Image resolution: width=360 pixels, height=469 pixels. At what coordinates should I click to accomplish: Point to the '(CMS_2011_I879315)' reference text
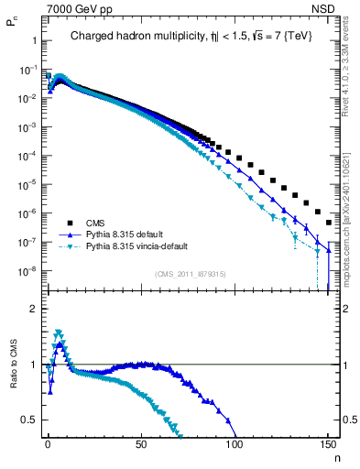pos(191,274)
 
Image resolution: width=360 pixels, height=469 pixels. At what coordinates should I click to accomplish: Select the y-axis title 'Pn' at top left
pos(12,27)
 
